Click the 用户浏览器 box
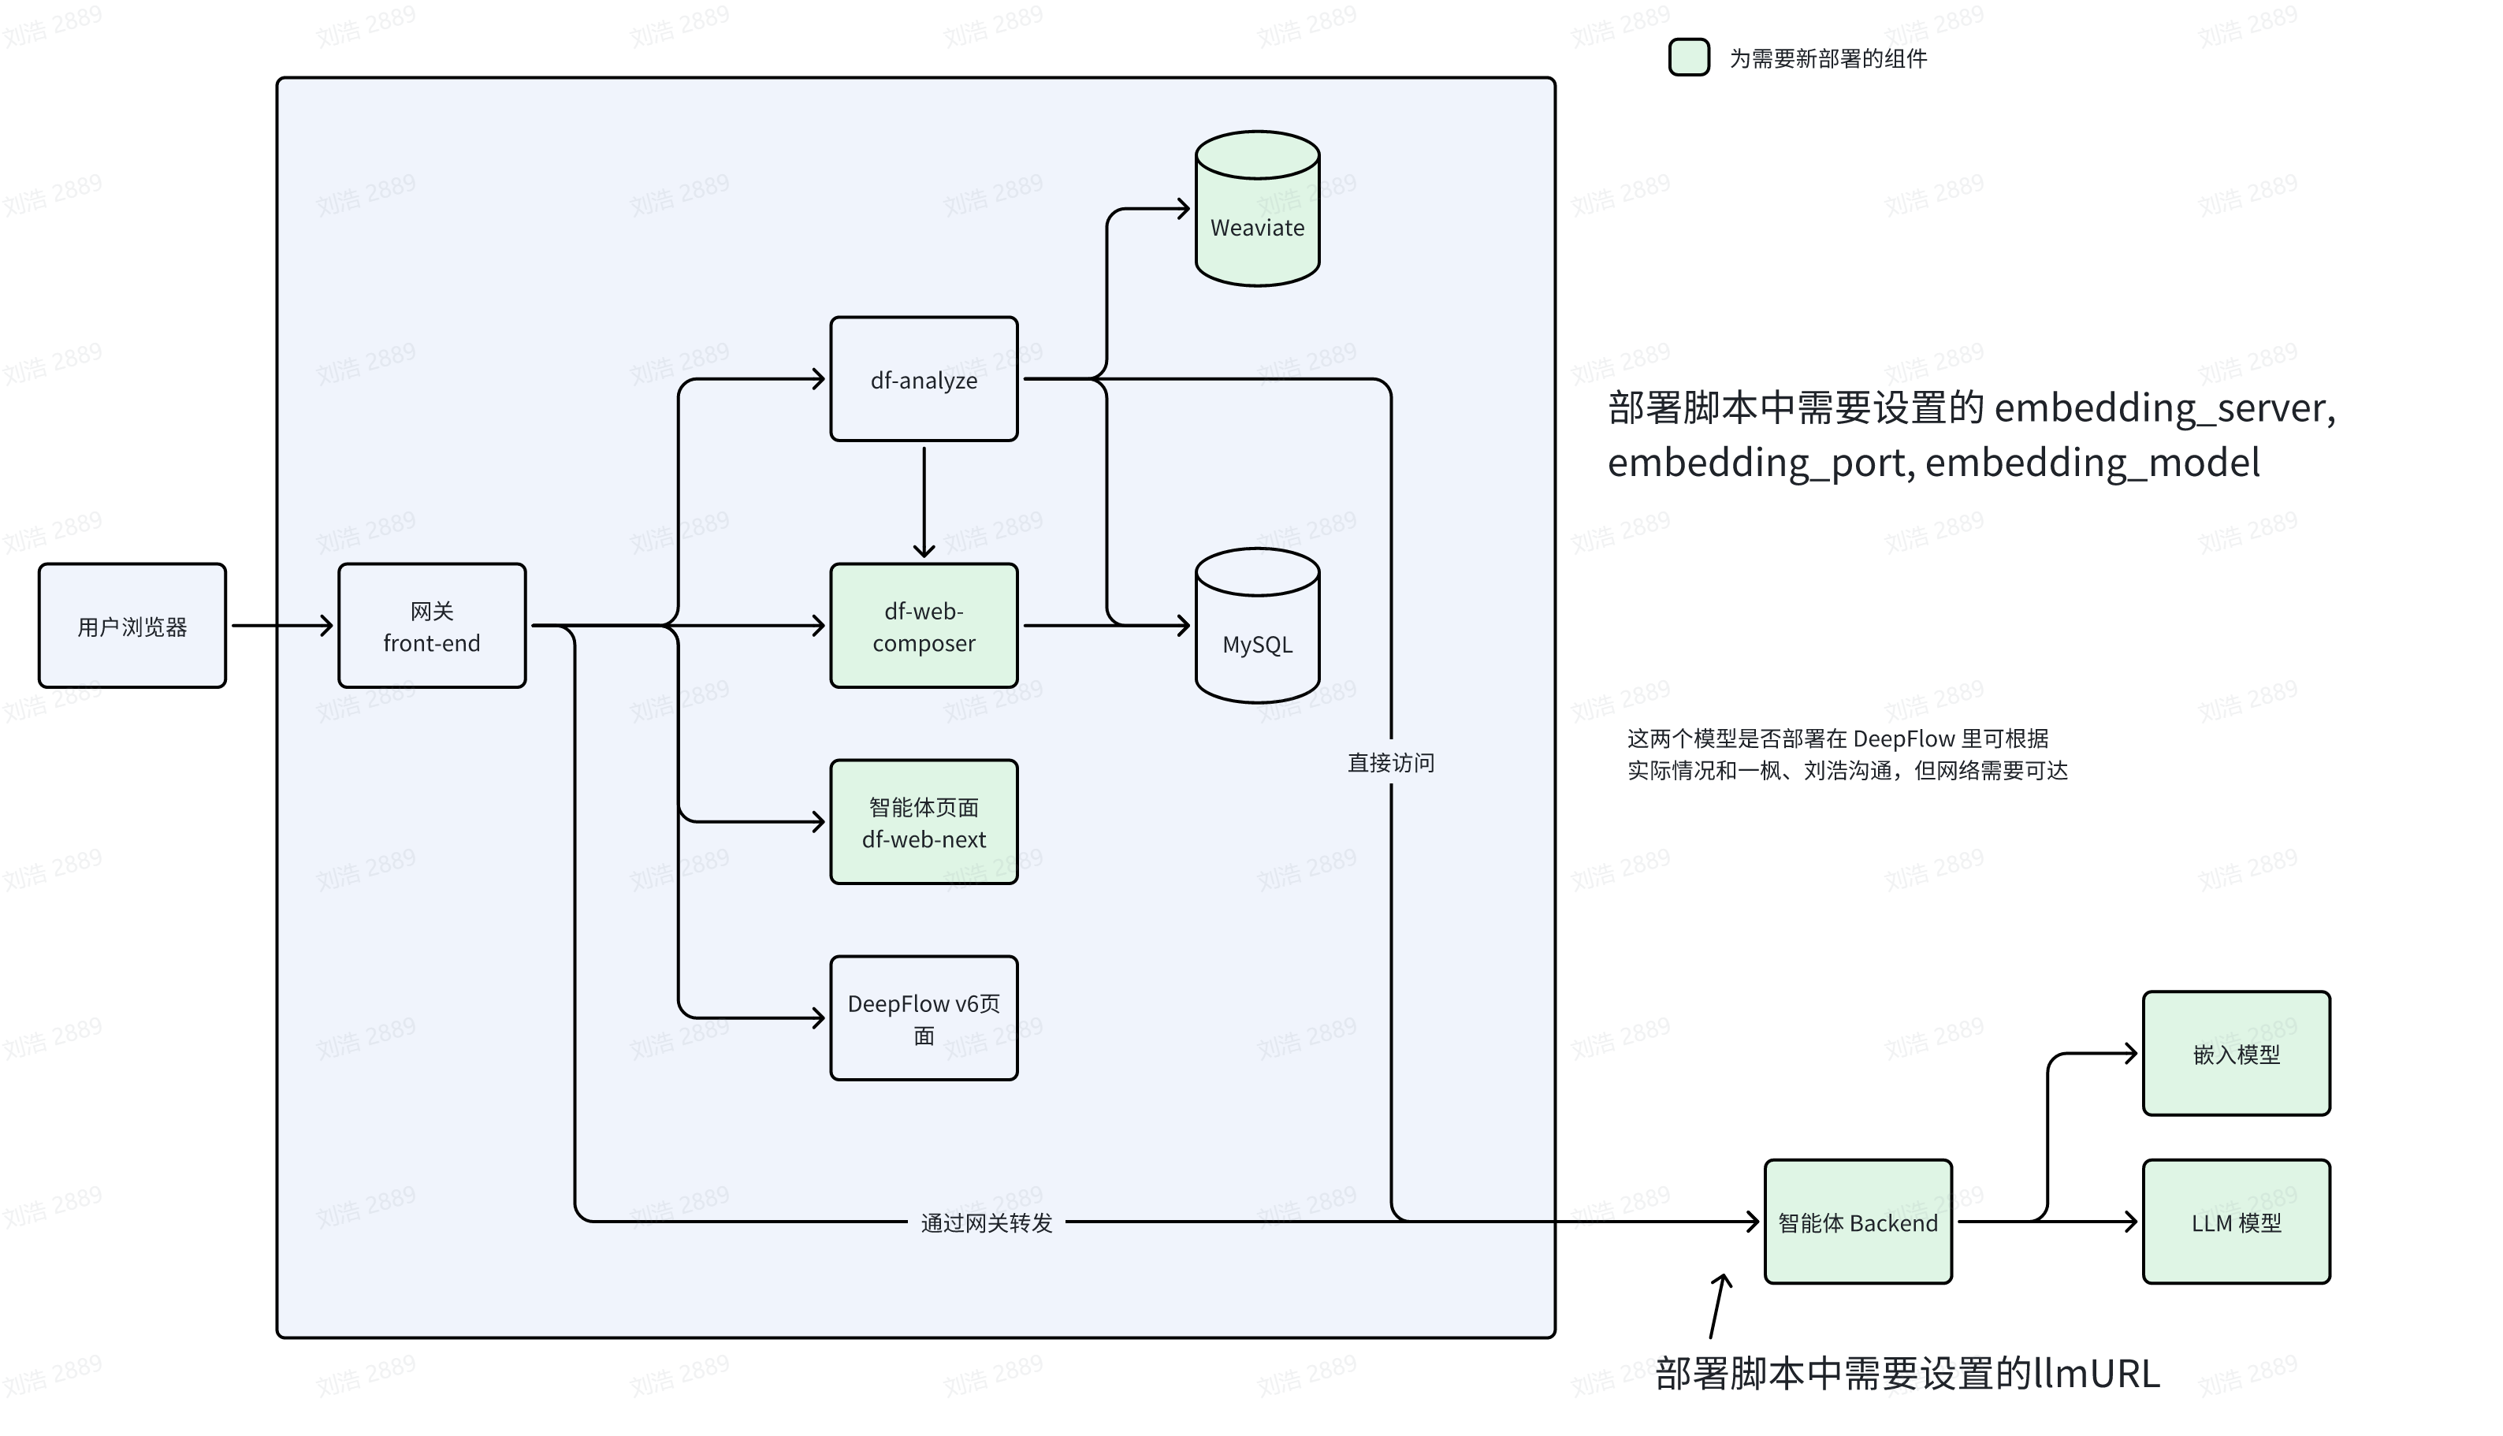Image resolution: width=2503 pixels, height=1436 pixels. (x=132, y=627)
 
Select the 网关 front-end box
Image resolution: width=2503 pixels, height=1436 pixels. (x=432, y=627)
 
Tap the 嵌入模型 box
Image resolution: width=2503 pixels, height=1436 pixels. (x=2236, y=1055)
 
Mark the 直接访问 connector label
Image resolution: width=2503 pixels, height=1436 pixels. (x=1390, y=762)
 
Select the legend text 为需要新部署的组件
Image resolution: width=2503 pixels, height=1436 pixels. (x=1828, y=59)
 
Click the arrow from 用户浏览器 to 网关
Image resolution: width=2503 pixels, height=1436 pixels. (x=282, y=625)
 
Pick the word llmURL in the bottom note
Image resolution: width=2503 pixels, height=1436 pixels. (x=2096, y=1374)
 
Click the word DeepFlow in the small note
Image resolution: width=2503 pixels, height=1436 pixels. (x=1903, y=738)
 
